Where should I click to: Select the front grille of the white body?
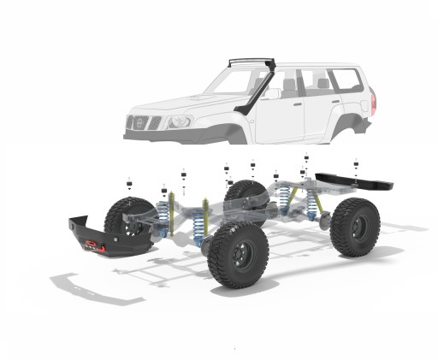click(142, 122)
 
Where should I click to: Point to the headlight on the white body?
click(179, 121)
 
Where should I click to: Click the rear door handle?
click(336, 101)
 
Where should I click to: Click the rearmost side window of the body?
click(346, 80)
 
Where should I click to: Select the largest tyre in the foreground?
click(238, 254)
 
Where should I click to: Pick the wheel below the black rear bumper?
click(355, 227)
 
